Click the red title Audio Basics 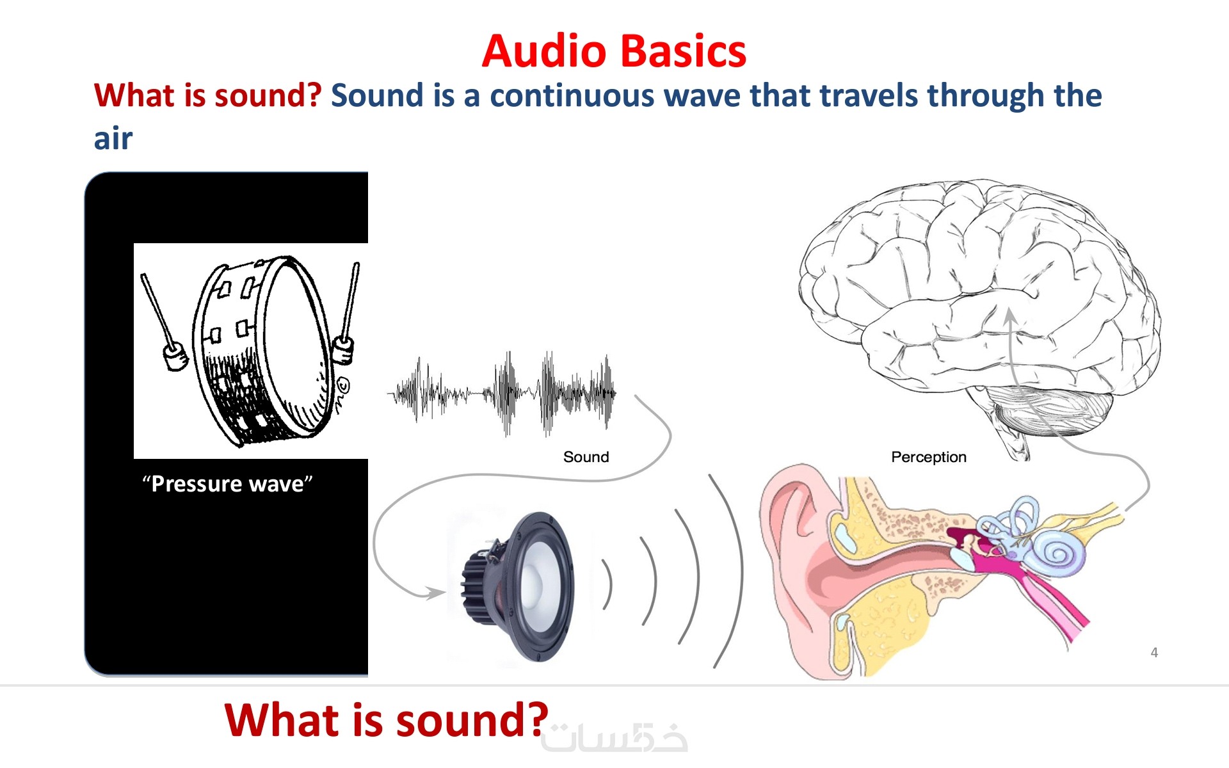pyautogui.click(x=614, y=51)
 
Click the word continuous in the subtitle pyautogui.click(x=572, y=95)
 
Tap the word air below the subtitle pyautogui.click(x=113, y=139)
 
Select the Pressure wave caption pyautogui.click(x=227, y=484)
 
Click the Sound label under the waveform pyautogui.click(x=586, y=457)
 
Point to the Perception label pyautogui.click(x=929, y=457)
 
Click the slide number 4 pyautogui.click(x=1154, y=653)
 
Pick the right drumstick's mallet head pyautogui.click(x=344, y=349)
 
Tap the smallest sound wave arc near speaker pyautogui.click(x=609, y=584)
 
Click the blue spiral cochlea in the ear pyautogui.click(x=1059, y=550)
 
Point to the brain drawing pyautogui.click(x=979, y=314)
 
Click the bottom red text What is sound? pyautogui.click(x=387, y=720)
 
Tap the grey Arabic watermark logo pyautogui.click(x=614, y=738)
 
